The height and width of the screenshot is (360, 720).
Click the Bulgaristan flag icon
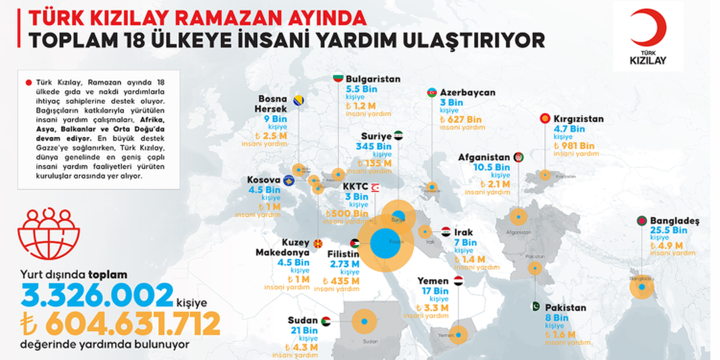pyautogui.click(x=337, y=75)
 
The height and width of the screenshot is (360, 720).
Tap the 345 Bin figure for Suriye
pyautogui.click(x=371, y=148)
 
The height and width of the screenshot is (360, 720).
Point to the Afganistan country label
pyautogui.click(x=483, y=156)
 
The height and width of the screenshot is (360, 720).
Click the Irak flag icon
pyautogui.click(x=445, y=232)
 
